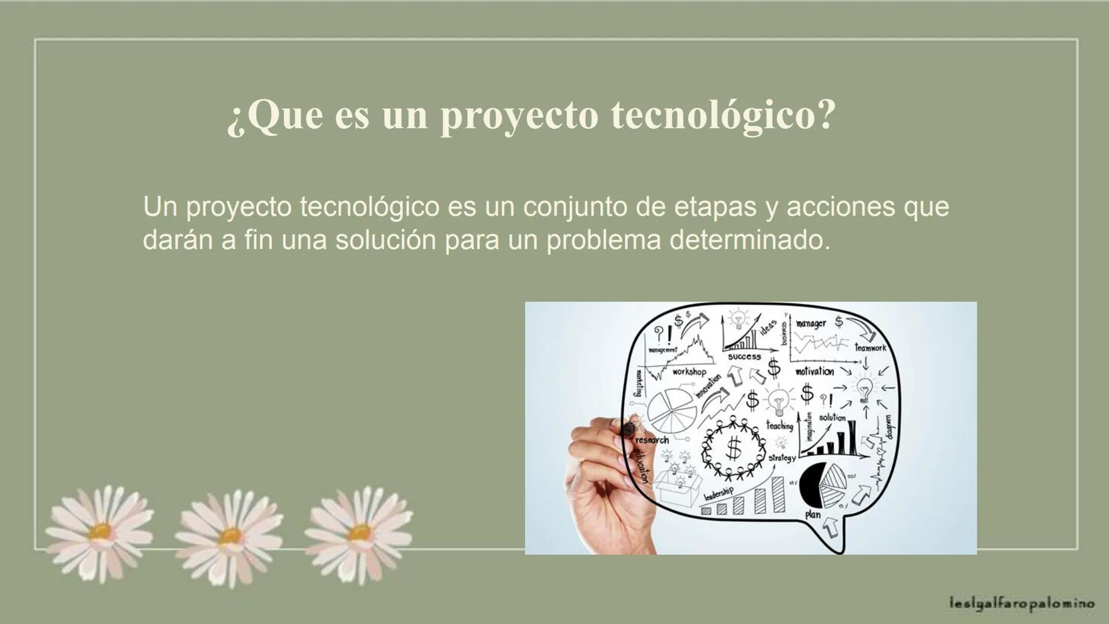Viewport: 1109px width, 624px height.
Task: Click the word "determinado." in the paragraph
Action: (749, 240)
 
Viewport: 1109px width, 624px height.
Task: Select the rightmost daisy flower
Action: (359, 532)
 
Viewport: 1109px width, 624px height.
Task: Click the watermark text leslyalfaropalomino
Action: (1021, 604)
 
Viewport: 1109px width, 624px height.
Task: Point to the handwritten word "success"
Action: (744, 357)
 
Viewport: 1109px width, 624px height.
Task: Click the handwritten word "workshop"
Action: (689, 372)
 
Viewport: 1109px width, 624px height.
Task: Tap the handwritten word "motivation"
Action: (814, 372)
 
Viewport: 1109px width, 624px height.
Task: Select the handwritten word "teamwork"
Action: (870, 348)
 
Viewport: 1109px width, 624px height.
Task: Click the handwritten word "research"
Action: (652, 440)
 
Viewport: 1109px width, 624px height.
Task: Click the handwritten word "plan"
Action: (813, 514)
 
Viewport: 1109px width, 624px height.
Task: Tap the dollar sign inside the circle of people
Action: (734, 447)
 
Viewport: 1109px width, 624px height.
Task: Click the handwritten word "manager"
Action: (810, 324)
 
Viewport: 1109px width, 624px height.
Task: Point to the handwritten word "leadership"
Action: (719, 494)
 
